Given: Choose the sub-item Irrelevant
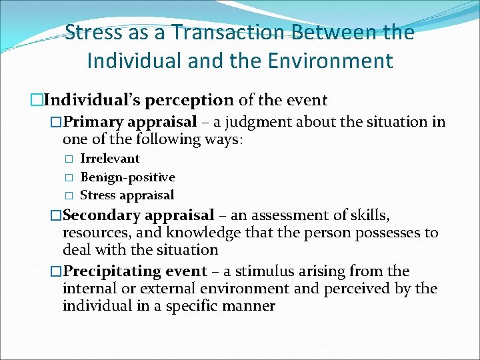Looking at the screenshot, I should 110,159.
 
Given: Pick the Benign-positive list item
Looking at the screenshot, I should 127,177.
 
